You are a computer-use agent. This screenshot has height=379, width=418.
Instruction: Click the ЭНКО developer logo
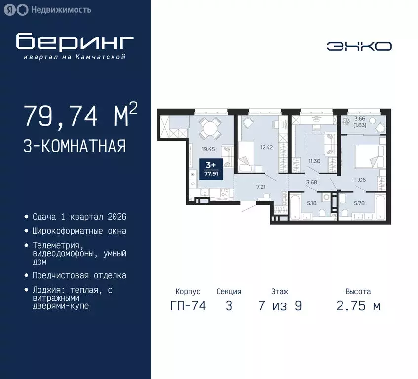click(359, 46)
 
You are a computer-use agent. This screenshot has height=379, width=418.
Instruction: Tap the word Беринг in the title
click(75, 42)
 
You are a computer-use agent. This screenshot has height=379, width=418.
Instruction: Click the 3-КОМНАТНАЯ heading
click(74, 147)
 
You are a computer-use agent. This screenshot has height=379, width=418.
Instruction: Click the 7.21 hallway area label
click(260, 187)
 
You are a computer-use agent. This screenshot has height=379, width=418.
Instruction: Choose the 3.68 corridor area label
click(312, 183)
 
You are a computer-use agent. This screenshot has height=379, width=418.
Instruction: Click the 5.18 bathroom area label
click(311, 202)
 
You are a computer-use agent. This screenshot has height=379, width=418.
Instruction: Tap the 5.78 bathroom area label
click(359, 202)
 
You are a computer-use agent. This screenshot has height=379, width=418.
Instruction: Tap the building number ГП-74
click(188, 305)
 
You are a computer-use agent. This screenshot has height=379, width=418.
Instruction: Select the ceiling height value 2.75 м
click(358, 305)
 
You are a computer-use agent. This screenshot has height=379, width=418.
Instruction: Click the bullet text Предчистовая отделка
click(79, 275)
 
